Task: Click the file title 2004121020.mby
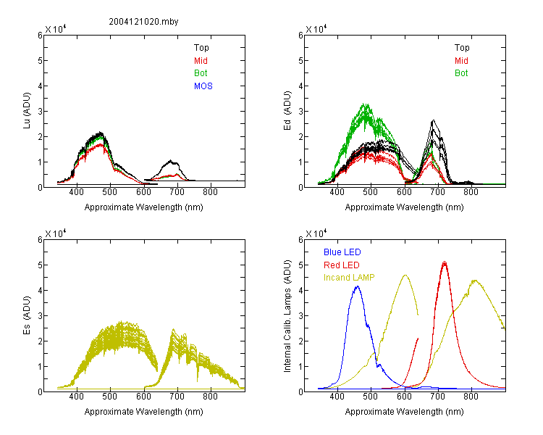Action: point(143,22)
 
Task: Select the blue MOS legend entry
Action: point(203,86)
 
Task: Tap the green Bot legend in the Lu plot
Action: point(201,73)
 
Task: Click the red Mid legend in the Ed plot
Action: point(461,61)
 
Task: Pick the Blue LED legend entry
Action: point(342,252)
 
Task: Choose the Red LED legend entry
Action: point(342,265)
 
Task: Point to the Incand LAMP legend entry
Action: point(349,278)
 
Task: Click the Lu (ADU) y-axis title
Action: point(27,111)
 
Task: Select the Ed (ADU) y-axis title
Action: point(287,111)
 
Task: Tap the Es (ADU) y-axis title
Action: point(27,315)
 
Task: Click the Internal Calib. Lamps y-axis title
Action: point(287,316)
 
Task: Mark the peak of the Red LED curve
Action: point(445,262)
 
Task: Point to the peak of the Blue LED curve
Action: point(358,287)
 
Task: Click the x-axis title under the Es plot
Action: point(144,412)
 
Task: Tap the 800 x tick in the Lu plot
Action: point(211,192)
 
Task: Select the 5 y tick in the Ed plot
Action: point(300,60)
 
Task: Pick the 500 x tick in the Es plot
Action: point(110,397)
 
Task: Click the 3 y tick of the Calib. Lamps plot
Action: point(300,315)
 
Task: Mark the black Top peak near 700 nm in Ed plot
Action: point(433,121)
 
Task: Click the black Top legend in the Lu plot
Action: point(201,48)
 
